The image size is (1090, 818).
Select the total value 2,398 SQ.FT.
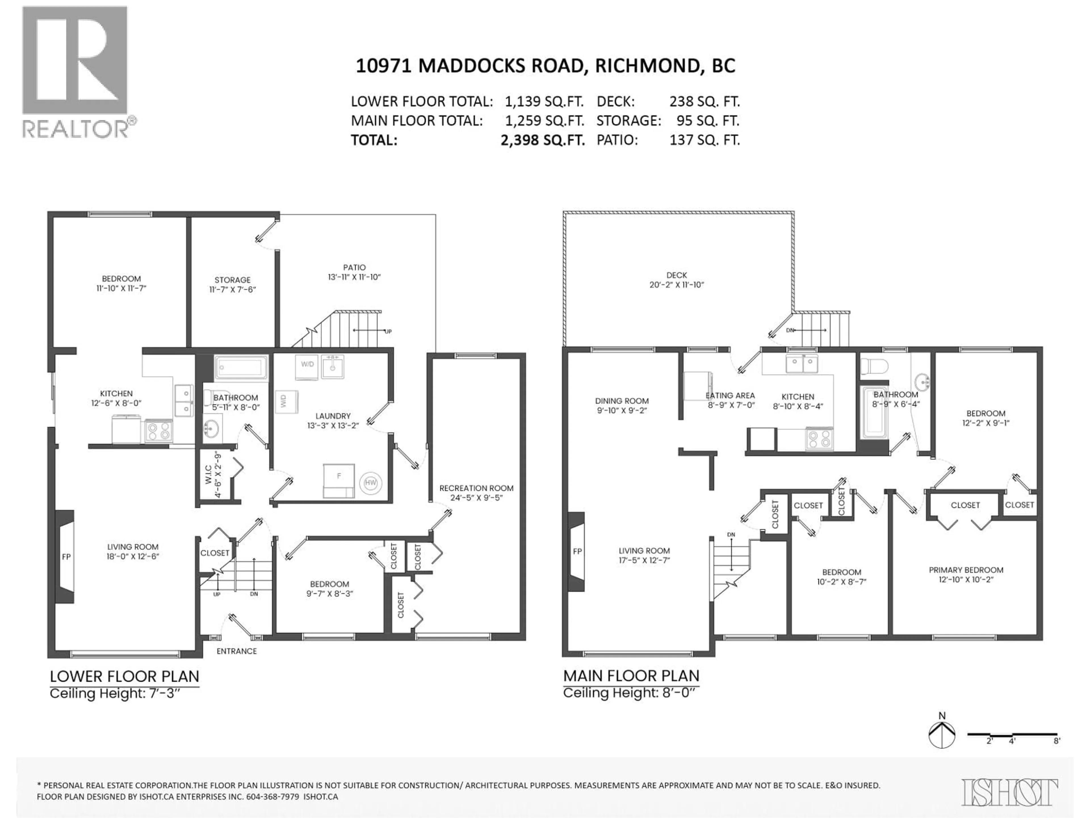click(x=542, y=140)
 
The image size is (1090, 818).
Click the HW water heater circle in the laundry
click(x=370, y=483)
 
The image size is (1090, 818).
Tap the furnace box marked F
click(x=339, y=477)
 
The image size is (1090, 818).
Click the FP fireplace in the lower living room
click(x=66, y=557)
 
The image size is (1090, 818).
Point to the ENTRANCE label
click(x=236, y=651)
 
